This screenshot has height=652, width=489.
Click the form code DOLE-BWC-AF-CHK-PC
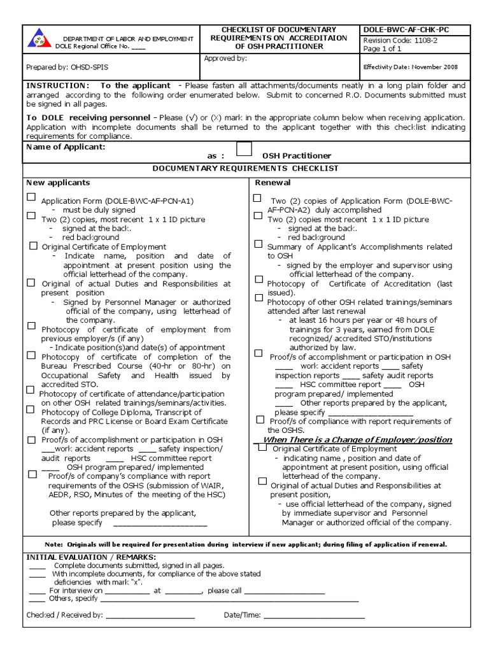point(408,30)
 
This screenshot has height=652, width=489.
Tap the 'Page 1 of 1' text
point(382,48)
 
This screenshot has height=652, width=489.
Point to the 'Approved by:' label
point(225,59)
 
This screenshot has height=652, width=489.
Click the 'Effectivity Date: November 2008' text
point(410,67)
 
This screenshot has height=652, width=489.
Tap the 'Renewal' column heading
point(273,183)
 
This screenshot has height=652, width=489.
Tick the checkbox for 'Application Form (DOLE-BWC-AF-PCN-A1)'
point(31,198)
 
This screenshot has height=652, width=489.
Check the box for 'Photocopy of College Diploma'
point(31,409)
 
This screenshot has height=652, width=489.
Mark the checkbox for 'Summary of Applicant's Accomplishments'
point(258,244)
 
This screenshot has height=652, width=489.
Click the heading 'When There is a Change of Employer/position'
point(357,440)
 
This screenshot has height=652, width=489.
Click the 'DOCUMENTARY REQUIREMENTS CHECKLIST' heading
point(246,168)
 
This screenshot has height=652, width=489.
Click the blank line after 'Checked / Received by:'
point(150,616)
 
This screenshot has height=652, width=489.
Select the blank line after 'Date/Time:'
point(314,616)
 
